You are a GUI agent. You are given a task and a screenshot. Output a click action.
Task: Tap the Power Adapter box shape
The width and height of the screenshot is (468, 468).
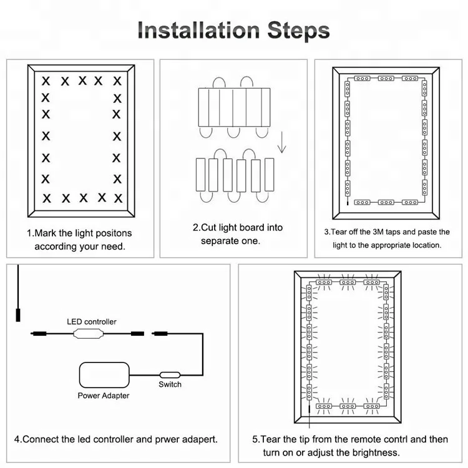105,375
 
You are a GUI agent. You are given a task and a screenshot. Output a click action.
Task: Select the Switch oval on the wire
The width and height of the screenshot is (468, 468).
170,374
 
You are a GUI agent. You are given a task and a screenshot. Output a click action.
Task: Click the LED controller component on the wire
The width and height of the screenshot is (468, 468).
88,334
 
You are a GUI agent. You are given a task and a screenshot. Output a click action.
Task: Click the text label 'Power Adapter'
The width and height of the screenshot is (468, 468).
104,396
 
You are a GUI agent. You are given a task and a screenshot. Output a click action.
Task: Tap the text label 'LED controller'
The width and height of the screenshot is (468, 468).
92,321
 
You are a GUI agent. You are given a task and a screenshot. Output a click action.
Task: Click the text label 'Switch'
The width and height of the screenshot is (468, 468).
170,384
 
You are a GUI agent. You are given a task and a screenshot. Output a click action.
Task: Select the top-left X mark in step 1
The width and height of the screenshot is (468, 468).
46,80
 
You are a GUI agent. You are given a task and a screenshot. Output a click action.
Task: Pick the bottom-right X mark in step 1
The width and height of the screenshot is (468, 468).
117,198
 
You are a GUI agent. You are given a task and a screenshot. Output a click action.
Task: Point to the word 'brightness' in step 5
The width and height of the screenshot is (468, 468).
373,452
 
